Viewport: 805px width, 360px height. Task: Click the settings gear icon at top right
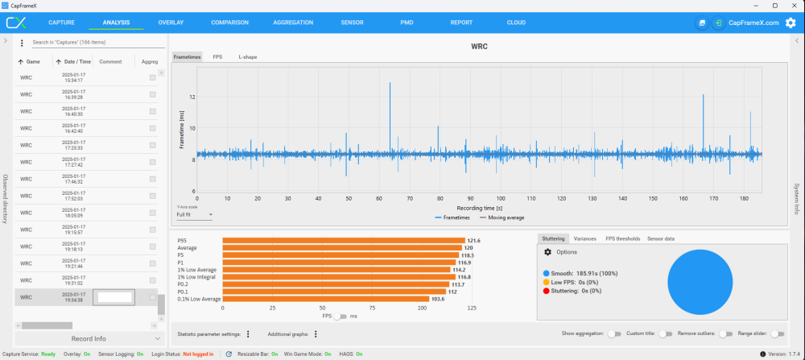click(791, 23)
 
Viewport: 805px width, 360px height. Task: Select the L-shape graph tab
click(247, 57)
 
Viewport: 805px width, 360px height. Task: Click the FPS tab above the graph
click(217, 57)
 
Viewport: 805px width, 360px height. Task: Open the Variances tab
click(585, 238)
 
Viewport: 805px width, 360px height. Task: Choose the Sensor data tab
click(660, 238)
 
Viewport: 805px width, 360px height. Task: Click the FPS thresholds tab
click(622, 238)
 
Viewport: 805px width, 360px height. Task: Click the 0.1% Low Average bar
click(325, 298)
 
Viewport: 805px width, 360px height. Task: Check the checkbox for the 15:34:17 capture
click(152, 77)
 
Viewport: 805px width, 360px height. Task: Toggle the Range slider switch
click(777, 333)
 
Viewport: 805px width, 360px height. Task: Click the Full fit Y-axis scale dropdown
click(194, 215)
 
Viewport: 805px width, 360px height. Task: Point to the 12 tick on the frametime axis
click(192, 97)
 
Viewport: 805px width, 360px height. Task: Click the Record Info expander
click(89, 338)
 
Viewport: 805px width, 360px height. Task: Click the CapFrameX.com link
click(753, 23)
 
